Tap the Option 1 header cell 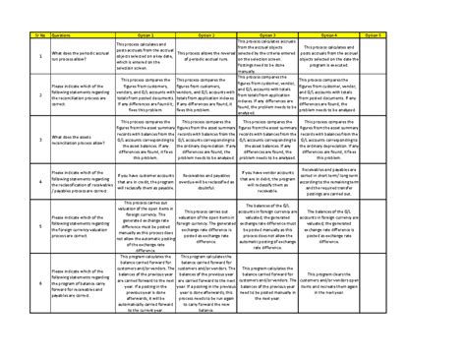point(146,33)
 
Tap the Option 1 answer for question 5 point(146,226)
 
